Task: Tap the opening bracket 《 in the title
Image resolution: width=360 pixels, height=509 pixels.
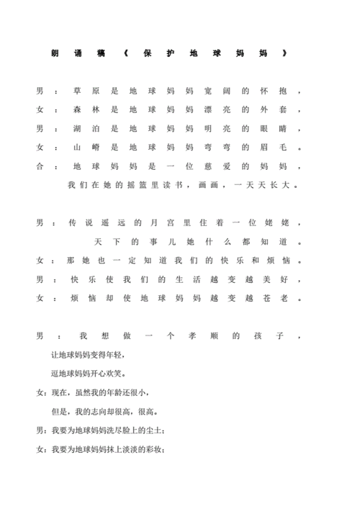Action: pos(127,53)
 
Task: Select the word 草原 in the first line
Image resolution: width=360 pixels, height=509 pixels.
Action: pos(86,92)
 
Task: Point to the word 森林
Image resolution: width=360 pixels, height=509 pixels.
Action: pos(86,110)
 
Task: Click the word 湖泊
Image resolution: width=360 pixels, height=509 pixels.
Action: pos(86,129)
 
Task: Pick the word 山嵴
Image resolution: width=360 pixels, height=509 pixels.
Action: pos(86,148)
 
